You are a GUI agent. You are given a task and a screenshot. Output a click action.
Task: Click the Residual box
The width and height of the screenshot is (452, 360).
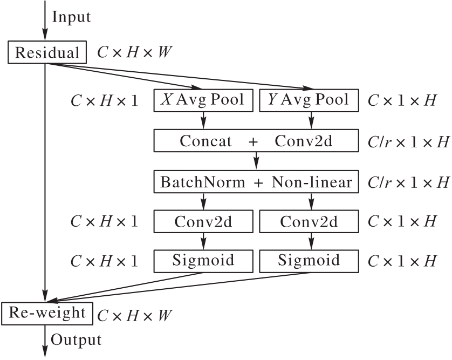(x=47, y=53)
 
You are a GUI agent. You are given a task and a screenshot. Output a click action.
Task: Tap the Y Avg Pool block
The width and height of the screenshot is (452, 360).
(x=310, y=100)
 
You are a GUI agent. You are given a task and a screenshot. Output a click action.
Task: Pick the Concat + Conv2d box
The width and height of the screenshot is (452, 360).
(x=256, y=141)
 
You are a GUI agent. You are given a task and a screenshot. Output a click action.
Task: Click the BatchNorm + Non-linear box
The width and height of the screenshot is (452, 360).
(x=256, y=182)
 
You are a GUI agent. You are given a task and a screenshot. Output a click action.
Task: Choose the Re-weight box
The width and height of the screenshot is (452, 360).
(x=47, y=313)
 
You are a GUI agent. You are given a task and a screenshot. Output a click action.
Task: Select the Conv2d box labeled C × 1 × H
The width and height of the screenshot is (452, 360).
(x=310, y=221)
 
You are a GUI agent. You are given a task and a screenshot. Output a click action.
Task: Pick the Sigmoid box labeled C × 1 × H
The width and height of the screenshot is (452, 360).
(x=310, y=261)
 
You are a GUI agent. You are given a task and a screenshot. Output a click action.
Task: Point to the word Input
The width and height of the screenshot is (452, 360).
(x=71, y=17)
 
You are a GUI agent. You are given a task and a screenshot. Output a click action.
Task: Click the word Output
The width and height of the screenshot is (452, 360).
(x=76, y=340)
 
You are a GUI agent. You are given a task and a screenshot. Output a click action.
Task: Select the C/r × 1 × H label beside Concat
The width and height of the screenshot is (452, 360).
(x=408, y=142)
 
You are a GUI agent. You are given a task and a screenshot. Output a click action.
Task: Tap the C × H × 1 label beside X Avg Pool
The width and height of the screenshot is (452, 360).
(x=104, y=101)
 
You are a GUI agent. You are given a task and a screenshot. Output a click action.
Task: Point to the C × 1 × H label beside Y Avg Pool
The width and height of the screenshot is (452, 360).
(x=401, y=101)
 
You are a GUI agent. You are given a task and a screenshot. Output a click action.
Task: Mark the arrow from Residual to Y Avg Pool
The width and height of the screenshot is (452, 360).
(x=178, y=76)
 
